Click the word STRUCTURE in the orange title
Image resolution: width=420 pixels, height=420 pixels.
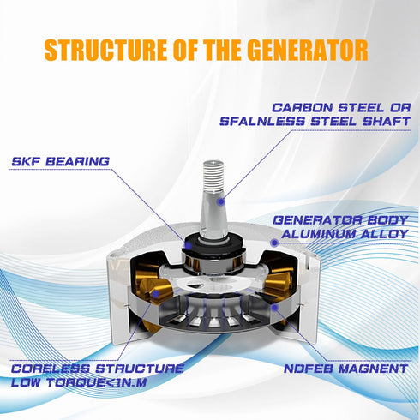105,50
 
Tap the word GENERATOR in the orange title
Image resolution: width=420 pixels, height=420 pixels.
307,50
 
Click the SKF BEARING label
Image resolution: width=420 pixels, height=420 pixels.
61,162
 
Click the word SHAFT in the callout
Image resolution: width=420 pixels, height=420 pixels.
387,122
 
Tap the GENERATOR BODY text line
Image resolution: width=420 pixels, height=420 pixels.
340,220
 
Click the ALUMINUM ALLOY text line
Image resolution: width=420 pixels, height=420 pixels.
345,234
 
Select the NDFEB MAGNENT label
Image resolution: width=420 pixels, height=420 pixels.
345,369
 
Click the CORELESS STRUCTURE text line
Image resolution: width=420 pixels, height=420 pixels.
98,369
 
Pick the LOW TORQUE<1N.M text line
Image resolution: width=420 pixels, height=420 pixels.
79,382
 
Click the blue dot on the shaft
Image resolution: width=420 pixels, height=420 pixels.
220,201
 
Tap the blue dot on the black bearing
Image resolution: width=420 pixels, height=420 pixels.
188,245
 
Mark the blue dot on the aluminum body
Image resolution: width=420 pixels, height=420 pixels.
275,243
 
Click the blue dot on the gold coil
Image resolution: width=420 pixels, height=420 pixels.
156,293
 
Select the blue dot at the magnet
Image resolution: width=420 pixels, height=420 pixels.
275,308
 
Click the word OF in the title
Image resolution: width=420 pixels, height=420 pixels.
185,50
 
